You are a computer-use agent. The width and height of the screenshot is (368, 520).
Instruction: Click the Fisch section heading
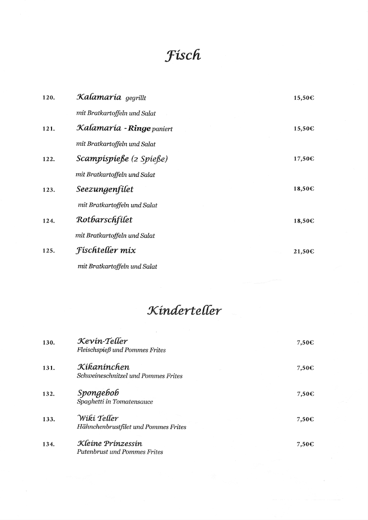[183, 56]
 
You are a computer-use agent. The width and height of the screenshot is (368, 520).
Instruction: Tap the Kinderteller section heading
[185, 311]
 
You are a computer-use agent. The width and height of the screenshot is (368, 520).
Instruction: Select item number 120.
[49, 98]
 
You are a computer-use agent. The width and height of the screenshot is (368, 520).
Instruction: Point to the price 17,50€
[303, 159]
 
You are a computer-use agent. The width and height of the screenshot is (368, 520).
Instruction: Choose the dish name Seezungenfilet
[104, 189]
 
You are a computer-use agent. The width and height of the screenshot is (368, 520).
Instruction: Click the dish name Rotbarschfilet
[104, 220]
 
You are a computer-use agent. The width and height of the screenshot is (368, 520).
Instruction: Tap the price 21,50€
[303, 251]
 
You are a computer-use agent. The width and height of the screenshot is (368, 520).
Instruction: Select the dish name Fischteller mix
[106, 250]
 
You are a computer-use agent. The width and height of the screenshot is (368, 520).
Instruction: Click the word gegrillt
[136, 98]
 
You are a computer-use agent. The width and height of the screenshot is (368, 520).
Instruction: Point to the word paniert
[162, 129]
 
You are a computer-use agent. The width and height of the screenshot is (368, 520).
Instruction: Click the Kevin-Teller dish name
[102, 341]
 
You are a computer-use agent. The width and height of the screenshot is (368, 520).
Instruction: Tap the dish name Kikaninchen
[103, 367]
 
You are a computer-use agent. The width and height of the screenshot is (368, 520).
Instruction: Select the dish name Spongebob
[98, 393]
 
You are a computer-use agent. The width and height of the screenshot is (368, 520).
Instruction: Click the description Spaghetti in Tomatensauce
[114, 402]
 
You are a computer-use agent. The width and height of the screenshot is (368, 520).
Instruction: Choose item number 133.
[49, 419]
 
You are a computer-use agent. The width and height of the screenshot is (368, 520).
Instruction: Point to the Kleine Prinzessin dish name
[109, 443]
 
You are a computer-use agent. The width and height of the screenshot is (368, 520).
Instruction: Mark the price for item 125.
[303, 251]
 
